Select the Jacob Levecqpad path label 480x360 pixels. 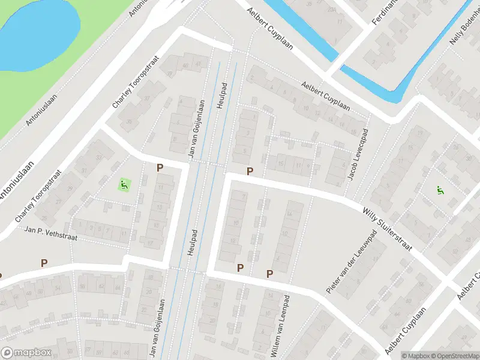(x=358, y=155)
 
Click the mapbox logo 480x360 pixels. (x=25, y=353)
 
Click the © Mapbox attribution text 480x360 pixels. (x=416, y=355)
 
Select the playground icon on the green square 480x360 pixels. (x=125, y=184)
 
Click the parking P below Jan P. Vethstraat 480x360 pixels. (x=44, y=263)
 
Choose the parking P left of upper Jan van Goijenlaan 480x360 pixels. (x=160, y=168)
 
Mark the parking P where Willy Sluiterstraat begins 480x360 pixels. (x=250, y=172)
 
